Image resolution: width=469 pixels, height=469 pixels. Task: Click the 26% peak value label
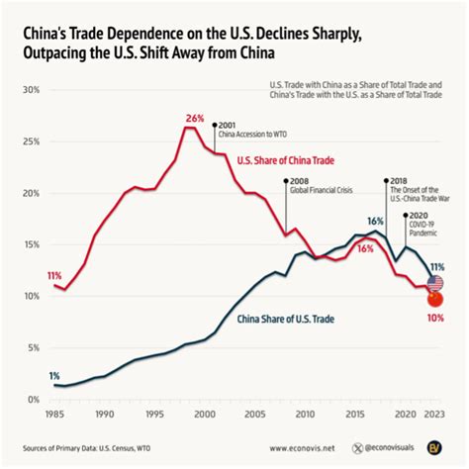coord(194,118)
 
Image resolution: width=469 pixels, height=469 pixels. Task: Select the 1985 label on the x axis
coord(53,416)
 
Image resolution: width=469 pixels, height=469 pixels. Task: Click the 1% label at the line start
coord(53,375)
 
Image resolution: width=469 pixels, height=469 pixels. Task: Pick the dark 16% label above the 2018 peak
coord(376,222)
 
